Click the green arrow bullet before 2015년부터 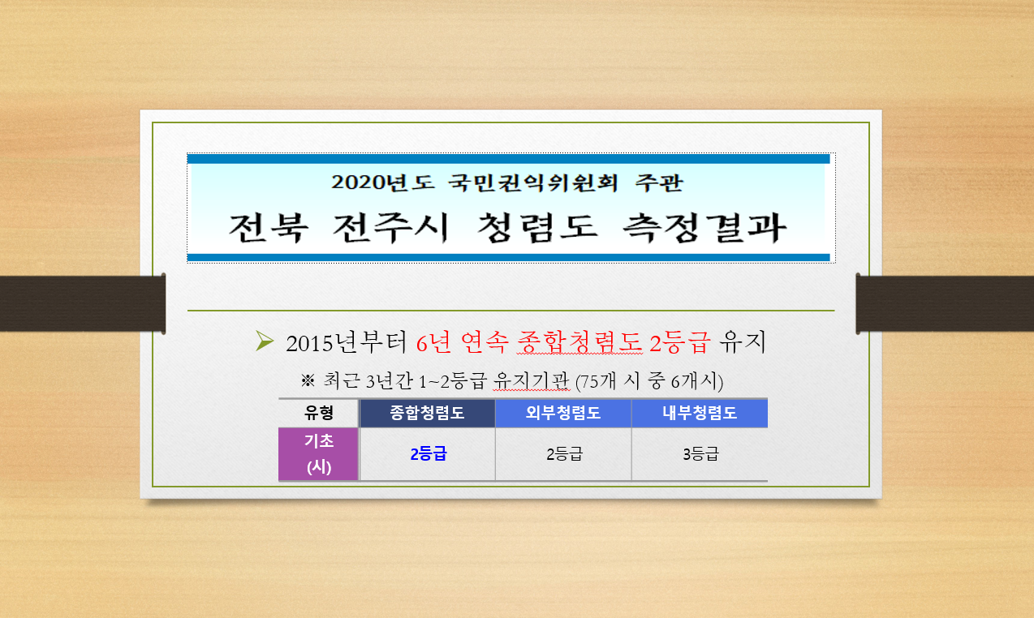pyautogui.click(x=265, y=341)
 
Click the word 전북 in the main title pyautogui.click(x=269, y=228)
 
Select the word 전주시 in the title pyautogui.click(x=390, y=228)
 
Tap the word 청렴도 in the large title pyautogui.click(x=536, y=228)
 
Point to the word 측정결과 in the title pyautogui.click(x=704, y=228)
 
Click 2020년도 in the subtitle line pyautogui.click(x=383, y=182)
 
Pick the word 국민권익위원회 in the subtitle pyautogui.click(x=533, y=182)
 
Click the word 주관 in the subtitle pyautogui.click(x=659, y=182)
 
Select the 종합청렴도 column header pyautogui.click(x=427, y=413)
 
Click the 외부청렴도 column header pyautogui.click(x=563, y=413)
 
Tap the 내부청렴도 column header pyautogui.click(x=700, y=413)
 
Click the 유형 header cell pyautogui.click(x=318, y=413)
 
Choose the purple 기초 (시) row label pyautogui.click(x=318, y=454)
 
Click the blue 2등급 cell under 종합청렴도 pyautogui.click(x=429, y=454)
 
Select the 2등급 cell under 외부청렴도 pyautogui.click(x=564, y=454)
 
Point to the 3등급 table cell pyautogui.click(x=700, y=454)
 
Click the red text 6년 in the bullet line pyautogui.click(x=433, y=343)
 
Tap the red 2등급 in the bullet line pyautogui.click(x=679, y=343)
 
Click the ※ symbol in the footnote pyautogui.click(x=308, y=381)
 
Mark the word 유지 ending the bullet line pyautogui.click(x=743, y=343)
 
